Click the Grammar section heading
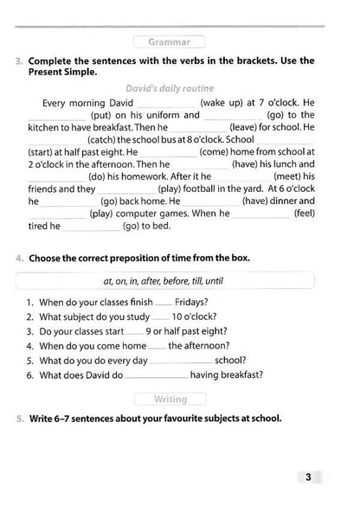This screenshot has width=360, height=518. coord(170,41)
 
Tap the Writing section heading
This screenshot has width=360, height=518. coord(170,399)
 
